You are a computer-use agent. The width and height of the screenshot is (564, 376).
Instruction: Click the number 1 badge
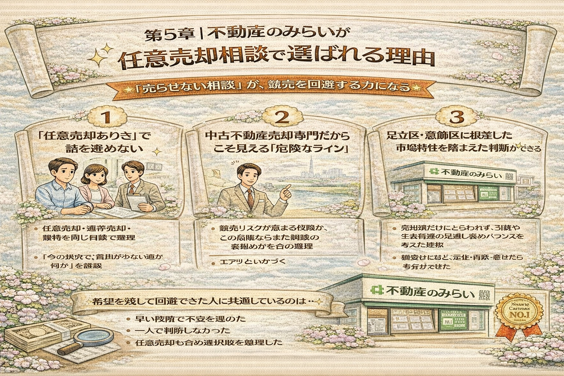click(x=107, y=117)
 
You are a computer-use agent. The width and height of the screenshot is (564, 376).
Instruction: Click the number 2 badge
click(x=282, y=117)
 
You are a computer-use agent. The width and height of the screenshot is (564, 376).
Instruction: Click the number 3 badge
click(x=456, y=117)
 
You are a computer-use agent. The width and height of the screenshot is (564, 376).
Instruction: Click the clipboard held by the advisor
click(x=137, y=200)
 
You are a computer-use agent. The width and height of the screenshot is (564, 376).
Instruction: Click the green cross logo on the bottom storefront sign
click(x=376, y=291)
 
